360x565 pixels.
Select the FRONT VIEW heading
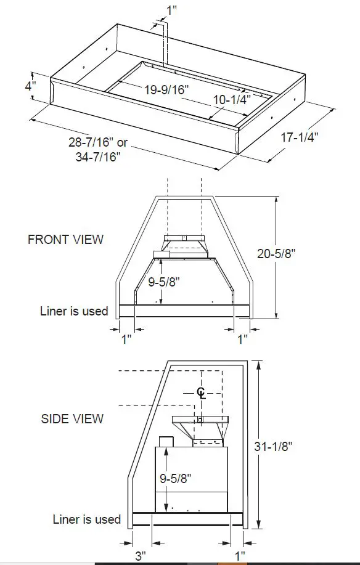[66, 240]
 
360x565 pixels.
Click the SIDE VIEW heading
[72, 419]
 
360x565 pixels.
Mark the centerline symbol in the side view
[201, 392]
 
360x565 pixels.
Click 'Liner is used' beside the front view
[74, 311]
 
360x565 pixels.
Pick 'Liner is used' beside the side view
[86, 519]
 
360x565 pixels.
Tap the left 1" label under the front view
[126, 339]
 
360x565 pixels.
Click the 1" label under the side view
[240, 556]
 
